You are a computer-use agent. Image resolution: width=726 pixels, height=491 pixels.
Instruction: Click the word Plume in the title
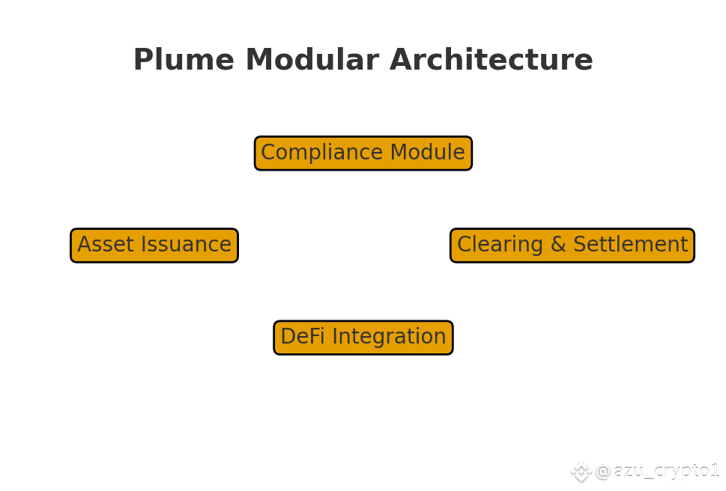click(184, 59)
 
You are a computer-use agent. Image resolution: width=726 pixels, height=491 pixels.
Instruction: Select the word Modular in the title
click(312, 59)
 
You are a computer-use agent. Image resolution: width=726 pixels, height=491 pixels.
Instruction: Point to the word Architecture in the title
click(491, 59)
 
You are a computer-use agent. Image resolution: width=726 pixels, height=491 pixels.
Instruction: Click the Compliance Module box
click(363, 153)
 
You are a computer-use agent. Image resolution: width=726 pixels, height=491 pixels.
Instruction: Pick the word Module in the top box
click(427, 152)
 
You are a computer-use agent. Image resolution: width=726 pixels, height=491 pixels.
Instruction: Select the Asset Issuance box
click(154, 245)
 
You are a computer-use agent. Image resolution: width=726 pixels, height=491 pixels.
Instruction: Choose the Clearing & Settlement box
click(572, 245)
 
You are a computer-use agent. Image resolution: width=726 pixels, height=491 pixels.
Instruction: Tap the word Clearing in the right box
click(500, 245)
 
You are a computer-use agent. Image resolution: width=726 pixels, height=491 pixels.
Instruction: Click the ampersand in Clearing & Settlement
click(558, 245)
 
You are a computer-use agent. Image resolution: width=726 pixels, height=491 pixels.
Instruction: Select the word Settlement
click(631, 244)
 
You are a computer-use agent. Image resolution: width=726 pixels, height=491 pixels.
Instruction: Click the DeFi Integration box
click(363, 338)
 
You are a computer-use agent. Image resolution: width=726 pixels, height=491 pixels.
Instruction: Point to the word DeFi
click(303, 336)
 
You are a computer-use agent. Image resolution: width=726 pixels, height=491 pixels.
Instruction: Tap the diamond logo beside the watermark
click(581, 472)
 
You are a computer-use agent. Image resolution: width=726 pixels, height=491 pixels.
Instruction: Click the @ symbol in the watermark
click(603, 472)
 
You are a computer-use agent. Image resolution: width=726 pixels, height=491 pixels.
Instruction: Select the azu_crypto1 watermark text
click(666, 471)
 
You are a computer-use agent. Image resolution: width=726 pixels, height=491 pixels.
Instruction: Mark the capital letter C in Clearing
click(465, 245)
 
